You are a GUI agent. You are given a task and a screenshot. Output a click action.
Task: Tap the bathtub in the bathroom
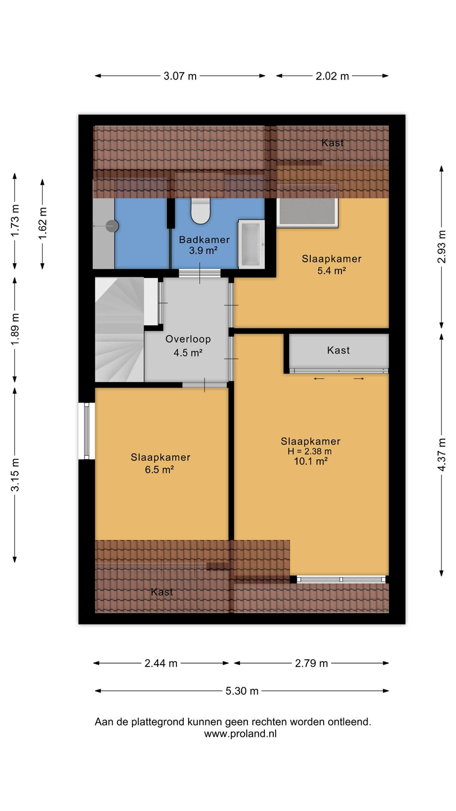251,244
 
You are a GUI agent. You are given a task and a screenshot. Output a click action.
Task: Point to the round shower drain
112,226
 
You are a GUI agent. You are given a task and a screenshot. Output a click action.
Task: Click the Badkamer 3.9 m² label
204,245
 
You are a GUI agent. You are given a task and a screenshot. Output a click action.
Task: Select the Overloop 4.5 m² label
188,346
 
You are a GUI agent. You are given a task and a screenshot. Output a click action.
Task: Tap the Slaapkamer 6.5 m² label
160,463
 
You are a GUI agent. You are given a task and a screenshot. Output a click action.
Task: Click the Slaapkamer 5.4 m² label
332,265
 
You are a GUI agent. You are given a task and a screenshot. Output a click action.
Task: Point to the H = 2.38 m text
310,451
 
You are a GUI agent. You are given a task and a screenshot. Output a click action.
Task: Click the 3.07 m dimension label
180,76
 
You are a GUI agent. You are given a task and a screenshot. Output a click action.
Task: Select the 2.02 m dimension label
332,76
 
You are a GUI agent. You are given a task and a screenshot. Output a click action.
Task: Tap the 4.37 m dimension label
442,454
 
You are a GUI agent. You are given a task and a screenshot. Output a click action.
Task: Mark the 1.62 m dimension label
42,224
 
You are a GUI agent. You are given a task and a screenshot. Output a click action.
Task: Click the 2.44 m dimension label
161,663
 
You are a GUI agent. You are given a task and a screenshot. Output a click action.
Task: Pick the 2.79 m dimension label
311,663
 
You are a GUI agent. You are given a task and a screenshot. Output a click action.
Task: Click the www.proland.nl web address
241,734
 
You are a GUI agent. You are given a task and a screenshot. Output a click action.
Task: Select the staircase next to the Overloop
120,329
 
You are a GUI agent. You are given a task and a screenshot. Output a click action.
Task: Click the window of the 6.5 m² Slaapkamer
86,431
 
